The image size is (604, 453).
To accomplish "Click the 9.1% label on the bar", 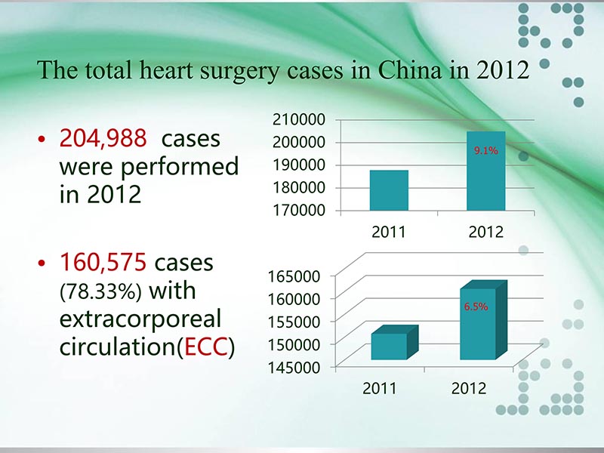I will point(485,151).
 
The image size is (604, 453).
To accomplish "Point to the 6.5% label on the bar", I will point(476,307).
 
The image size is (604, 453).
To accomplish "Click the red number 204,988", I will point(102,140).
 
